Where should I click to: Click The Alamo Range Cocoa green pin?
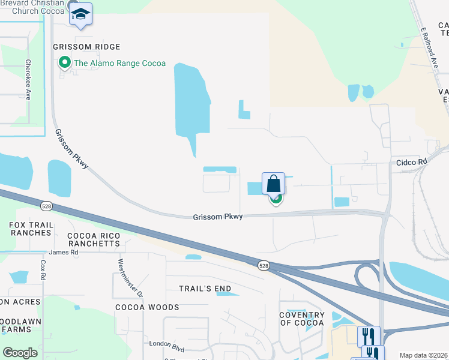point(64,63)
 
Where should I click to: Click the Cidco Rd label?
point(411,162)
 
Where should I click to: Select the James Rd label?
point(64,253)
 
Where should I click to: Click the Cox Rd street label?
point(43,270)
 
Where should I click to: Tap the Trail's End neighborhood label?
point(205,289)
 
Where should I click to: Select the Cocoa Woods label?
point(147,307)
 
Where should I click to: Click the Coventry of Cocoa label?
point(301,319)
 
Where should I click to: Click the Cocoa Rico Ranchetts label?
point(94,239)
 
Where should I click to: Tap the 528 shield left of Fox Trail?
point(46,206)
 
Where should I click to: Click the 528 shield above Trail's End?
point(264,265)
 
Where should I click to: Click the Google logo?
point(20,353)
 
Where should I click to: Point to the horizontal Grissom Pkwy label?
point(217,217)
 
